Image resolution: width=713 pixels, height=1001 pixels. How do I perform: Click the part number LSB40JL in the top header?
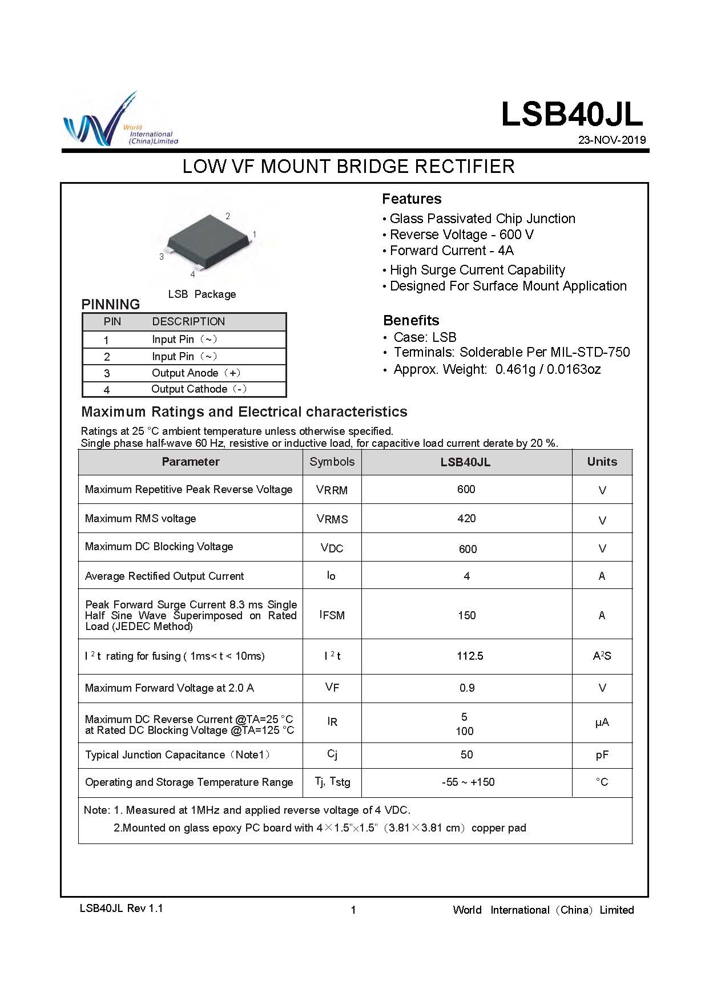pyautogui.click(x=571, y=114)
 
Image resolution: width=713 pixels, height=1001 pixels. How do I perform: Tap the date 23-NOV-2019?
pyautogui.click(x=611, y=140)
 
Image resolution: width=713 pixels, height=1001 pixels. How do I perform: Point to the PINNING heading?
pyautogui.click(x=111, y=304)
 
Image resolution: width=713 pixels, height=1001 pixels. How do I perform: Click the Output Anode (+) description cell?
pyautogui.click(x=196, y=373)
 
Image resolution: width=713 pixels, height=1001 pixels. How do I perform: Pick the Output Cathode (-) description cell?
pyautogui.click(x=199, y=389)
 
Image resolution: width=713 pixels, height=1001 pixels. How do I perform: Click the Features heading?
pyautogui.click(x=412, y=199)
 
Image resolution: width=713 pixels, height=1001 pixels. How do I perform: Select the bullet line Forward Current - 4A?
pyautogui.click(x=451, y=251)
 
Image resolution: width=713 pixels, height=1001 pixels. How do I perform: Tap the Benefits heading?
pyautogui.click(x=411, y=320)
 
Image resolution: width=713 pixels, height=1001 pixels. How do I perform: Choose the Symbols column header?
pyautogui.click(x=332, y=462)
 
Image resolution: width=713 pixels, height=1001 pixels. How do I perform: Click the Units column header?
pyautogui.click(x=602, y=462)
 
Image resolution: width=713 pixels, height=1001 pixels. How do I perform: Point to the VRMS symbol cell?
pyautogui.click(x=332, y=519)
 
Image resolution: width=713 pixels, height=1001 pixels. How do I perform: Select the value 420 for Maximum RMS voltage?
pyautogui.click(x=466, y=518)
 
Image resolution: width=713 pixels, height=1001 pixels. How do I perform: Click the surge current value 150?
pyautogui.click(x=466, y=615)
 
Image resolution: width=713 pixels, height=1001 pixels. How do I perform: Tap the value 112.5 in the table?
pyautogui.click(x=470, y=656)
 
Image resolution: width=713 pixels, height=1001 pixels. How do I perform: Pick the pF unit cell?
pyautogui.click(x=602, y=755)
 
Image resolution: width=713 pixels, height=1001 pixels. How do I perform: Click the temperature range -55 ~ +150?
pyautogui.click(x=468, y=782)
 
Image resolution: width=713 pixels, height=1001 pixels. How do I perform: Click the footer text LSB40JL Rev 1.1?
pyautogui.click(x=121, y=909)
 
